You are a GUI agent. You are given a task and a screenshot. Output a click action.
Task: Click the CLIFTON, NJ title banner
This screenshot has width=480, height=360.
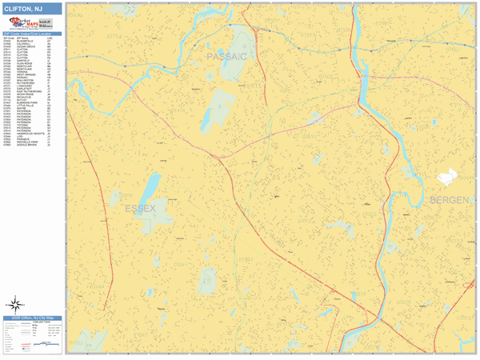click(32, 9)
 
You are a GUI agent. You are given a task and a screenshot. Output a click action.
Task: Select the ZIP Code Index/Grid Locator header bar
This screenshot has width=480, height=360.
click(32, 34)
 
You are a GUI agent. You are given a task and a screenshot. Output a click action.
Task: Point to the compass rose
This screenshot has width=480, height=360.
click(15, 303)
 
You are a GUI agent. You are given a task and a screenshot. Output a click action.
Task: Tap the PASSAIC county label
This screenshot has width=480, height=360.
click(227, 58)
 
